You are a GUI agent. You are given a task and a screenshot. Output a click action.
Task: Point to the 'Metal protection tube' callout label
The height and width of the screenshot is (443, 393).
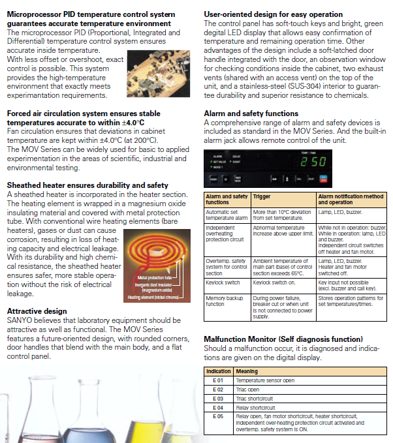click(x=154, y=278)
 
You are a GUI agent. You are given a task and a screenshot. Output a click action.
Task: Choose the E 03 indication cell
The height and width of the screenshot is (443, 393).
click(x=219, y=397)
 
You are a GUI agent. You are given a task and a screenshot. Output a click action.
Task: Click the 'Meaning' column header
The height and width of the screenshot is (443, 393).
click(x=247, y=371)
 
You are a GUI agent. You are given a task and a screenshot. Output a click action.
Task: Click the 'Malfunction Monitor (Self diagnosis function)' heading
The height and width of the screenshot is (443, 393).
click(x=283, y=339)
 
